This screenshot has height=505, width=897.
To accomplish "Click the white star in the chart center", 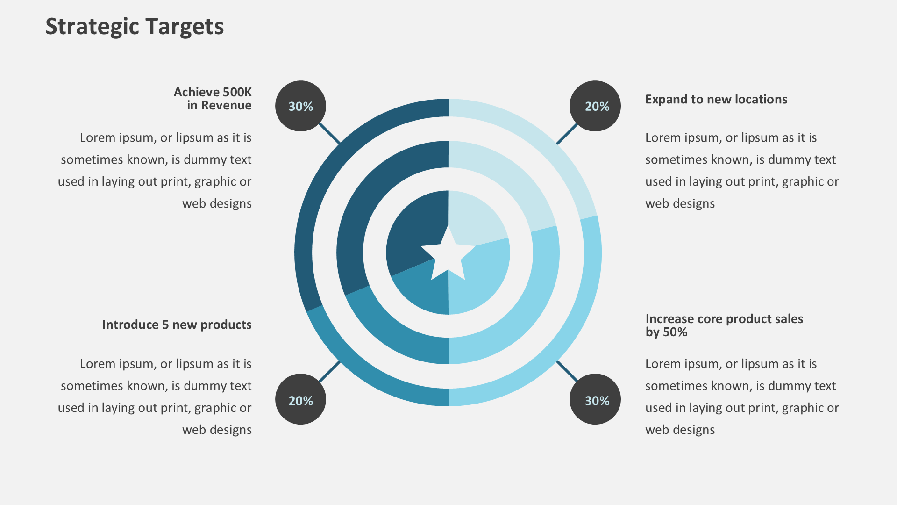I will click(x=448, y=256).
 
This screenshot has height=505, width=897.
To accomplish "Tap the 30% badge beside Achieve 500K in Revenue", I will click(x=300, y=106).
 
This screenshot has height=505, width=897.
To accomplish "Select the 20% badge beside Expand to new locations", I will click(x=595, y=106).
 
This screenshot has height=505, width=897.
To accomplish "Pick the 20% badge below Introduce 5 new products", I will click(x=300, y=400).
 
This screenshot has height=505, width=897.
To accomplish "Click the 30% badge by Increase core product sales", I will click(x=595, y=400).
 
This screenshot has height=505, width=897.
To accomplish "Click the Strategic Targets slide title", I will click(x=135, y=27).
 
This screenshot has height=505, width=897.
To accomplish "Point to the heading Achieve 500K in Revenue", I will click(x=213, y=99).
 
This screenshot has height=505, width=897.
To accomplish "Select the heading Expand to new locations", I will click(x=716, y=99).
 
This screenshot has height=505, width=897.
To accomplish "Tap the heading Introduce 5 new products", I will click(x=177, y=325).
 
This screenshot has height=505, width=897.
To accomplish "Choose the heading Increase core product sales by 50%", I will click(x=724, y=325).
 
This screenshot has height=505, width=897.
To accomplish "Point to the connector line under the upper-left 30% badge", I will click(x=330, y=134).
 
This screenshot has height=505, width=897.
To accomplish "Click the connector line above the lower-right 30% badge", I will click(x=567, y=371).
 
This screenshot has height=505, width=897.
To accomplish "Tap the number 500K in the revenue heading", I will click(x=237, y=92).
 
